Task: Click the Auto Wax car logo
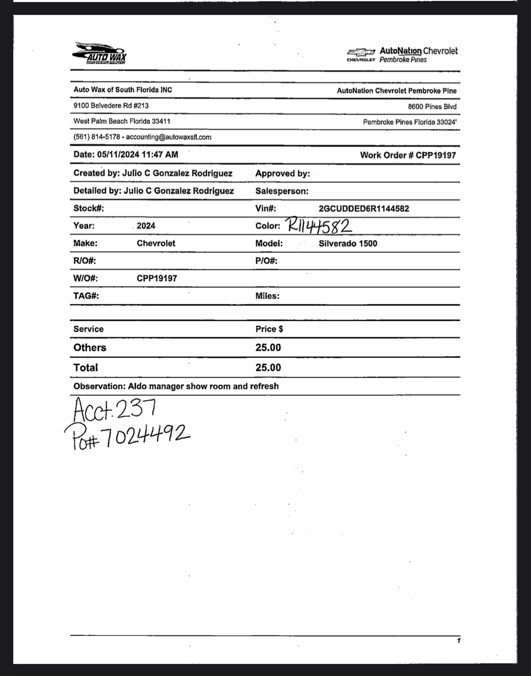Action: click(99, 53)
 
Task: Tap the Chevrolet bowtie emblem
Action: click(361, 52)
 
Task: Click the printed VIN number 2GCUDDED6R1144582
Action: click(364, 209)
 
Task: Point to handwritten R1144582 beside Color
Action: click(319, 226)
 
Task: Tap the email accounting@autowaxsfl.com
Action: click(169, 137)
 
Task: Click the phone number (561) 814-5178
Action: click(97, 137)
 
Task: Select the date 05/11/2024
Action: click(118, 155)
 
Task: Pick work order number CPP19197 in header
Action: click(435, 155)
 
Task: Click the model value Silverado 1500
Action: click(348, 243)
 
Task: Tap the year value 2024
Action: click(146, 226)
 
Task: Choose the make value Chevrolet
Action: click(156, 243)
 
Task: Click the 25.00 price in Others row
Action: click(268, 348)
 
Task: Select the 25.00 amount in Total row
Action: click(268, 367)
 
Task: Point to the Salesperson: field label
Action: click(282, 191)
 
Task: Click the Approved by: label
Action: click(282, 174)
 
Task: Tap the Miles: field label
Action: click(267, 296)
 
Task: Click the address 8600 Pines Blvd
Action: click(432, 107)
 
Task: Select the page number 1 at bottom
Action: click(459, 641)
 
